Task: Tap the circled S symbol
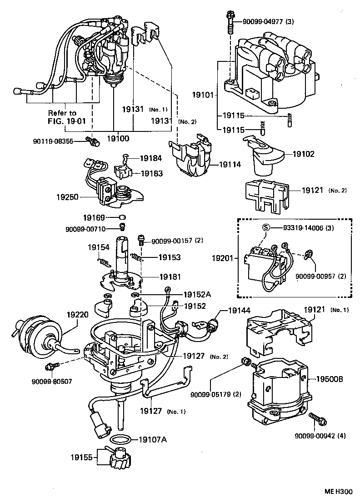[x=266, y=228]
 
